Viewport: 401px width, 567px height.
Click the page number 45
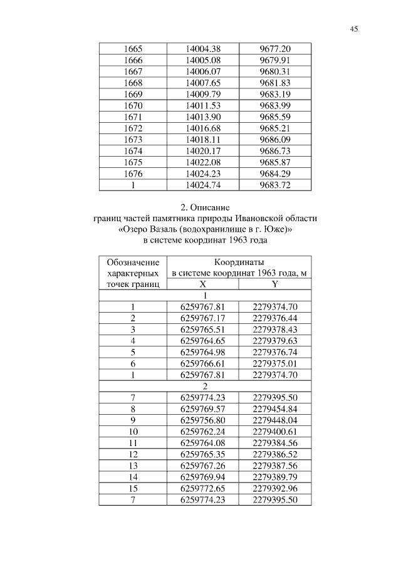coord(354,29)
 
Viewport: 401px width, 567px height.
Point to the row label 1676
coord(133,174)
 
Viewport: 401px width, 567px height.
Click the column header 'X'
coord(202,284)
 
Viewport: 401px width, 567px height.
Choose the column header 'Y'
coord(275,284)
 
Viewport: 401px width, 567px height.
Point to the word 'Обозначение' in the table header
coord(133,262)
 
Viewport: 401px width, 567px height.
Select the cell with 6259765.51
coord(202,330)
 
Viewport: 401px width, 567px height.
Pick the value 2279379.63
coord(275,341)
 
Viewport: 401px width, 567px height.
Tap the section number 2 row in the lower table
coord(205,387)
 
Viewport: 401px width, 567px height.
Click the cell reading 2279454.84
coord(275,409)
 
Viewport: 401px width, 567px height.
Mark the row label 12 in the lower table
coord(133,454)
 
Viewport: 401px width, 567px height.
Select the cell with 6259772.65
coord(202,488)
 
